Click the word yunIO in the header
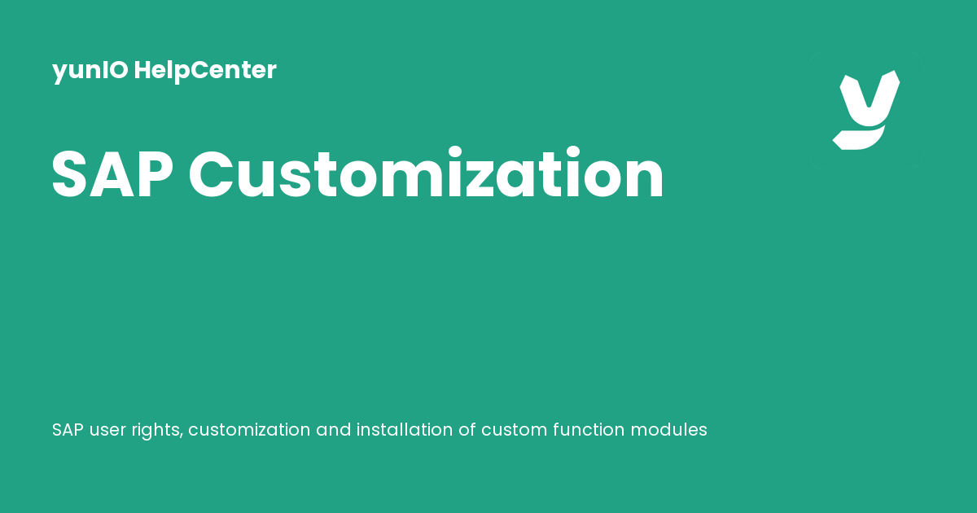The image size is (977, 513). pyautogui.click(x=90, y=71)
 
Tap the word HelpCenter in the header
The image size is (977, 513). pyautogui.click(x=205, y=71)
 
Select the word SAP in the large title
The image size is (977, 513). pyautogui.click(x=111, y=174)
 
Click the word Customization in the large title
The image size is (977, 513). pyautogui.click(x=427, y=174)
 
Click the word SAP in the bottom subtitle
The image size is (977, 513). pyautogui.click(x=68, y=429)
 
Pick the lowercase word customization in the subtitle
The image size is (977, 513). pyautogui.click(x=249, y=429)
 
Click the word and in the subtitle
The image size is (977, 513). pyautogui.click(x=333, y=429)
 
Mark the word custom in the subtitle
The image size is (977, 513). pyautogui.click(x=513, y=429)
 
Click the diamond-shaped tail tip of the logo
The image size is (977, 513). pyautogui.click(x=839, y=140)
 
